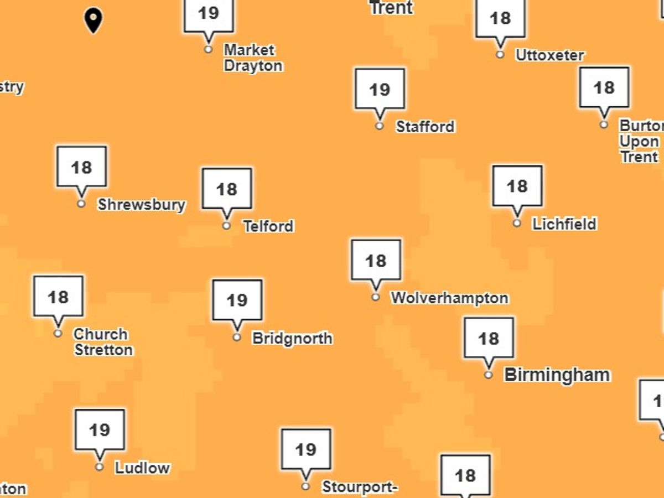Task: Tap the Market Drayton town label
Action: point(252,58)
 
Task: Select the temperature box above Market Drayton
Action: point(209,14)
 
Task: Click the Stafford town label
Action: point(425,127)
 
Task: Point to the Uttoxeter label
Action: point(549,55)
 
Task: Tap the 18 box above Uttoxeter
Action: point(500,18)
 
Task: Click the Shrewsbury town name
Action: point(141,205)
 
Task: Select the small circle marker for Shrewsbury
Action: point(81,204)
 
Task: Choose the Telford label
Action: point(268,226)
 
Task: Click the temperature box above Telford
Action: point(226,189)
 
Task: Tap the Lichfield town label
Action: point(564,224)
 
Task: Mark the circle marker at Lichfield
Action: point(517,223)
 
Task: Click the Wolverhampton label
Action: point(449,298)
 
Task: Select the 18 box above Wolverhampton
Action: point(376,260)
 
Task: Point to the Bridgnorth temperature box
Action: point(237,300)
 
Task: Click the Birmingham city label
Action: point(557,375)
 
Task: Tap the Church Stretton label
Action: point(103,342)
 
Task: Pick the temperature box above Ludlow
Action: point(100,429)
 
